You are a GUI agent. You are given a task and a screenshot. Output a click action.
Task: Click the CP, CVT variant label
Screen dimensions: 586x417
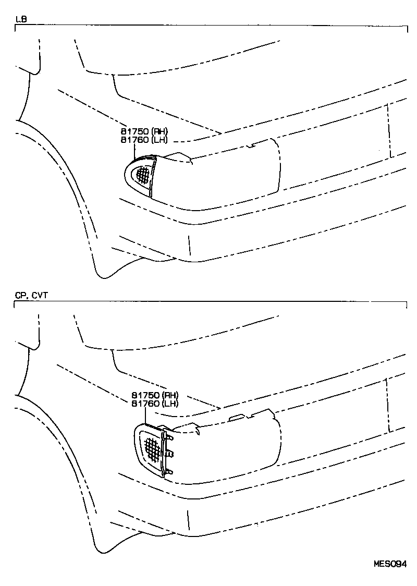(32, 296)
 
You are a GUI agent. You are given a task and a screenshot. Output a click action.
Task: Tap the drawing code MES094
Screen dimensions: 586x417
(389, 564)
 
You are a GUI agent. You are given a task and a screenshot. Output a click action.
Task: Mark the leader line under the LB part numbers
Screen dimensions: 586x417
(135, 151)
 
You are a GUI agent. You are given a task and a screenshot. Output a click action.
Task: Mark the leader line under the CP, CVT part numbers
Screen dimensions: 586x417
(145, 414)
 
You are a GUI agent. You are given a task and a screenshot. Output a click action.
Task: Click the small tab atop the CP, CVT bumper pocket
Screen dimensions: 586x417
(237, 417)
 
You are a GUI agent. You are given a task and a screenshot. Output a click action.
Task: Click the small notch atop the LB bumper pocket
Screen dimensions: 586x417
(252, 145)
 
